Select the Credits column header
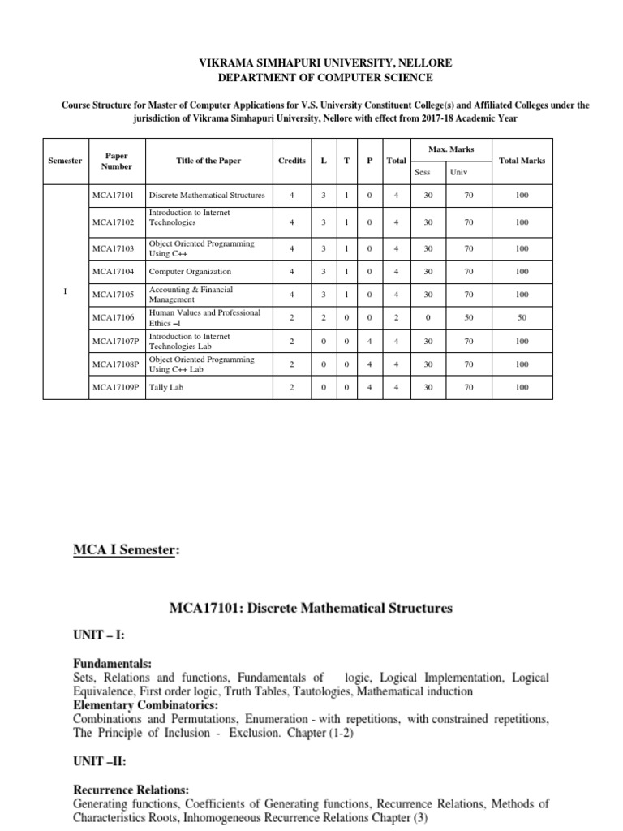[x=292, y=161]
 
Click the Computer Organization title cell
[x=189, y=272]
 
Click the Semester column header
[x=66, y=161]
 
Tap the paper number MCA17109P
[x=114, y=388]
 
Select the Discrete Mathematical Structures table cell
[x=207, y=196]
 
